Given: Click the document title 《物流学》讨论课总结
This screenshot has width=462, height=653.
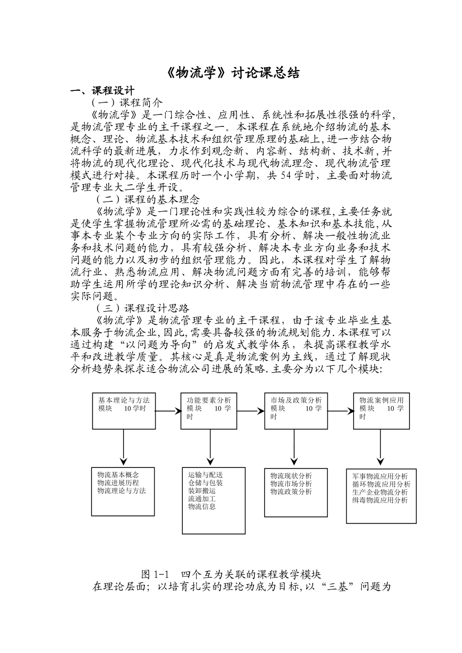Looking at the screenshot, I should pyautogui.click(x=231, y=73).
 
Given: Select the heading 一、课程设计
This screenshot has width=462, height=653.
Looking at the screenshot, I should pyautogui.click(x=102, y=91).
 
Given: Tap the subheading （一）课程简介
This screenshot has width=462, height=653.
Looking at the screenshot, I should pyautogui.click(x=127, y=103).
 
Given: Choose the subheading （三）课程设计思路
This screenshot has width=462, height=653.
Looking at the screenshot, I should pyautogui.click(x=142, y=308).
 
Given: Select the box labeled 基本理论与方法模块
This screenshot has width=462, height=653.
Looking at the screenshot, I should pyautogui.click(x=124, y=411).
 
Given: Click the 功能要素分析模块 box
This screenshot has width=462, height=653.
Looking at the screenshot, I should pyautogui.click(x=210, y=411).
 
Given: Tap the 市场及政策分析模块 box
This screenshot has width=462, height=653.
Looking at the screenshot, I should pyautogui.click(x=296, y=411).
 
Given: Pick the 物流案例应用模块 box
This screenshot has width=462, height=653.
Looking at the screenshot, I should pyautogui.click(x=381, y=411).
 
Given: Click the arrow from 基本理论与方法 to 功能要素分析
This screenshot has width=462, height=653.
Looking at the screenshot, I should pyautogui.click(x=167, y=411).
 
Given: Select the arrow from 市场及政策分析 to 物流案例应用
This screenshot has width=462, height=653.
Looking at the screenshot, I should pyautogui.click(x=340, y=411).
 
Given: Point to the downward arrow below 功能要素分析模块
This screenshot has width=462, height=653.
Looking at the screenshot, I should pyautogui.click(x=210, y=447).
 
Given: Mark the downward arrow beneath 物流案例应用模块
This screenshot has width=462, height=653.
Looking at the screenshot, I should pyautogui.click(x=381, y=447).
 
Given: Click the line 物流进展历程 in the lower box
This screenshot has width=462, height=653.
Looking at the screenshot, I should pyautogui.click(x=118, y=483).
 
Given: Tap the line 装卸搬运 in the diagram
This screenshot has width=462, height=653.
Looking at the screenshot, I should pyautogui.click(x=202, y=491).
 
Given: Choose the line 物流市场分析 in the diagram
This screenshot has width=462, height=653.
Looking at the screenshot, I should pyautogui.click(x=291, y=484).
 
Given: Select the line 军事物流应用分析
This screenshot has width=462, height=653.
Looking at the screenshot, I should pyautogui.click(x=380, y=476).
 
